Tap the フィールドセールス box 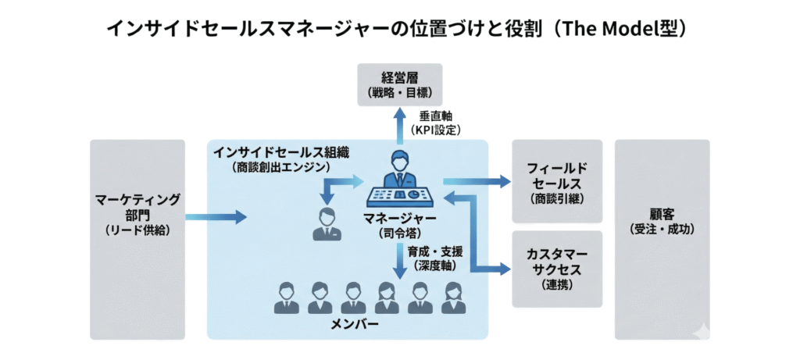557,182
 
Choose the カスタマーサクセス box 557,269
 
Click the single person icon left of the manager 323,224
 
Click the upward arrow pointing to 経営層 399,125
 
